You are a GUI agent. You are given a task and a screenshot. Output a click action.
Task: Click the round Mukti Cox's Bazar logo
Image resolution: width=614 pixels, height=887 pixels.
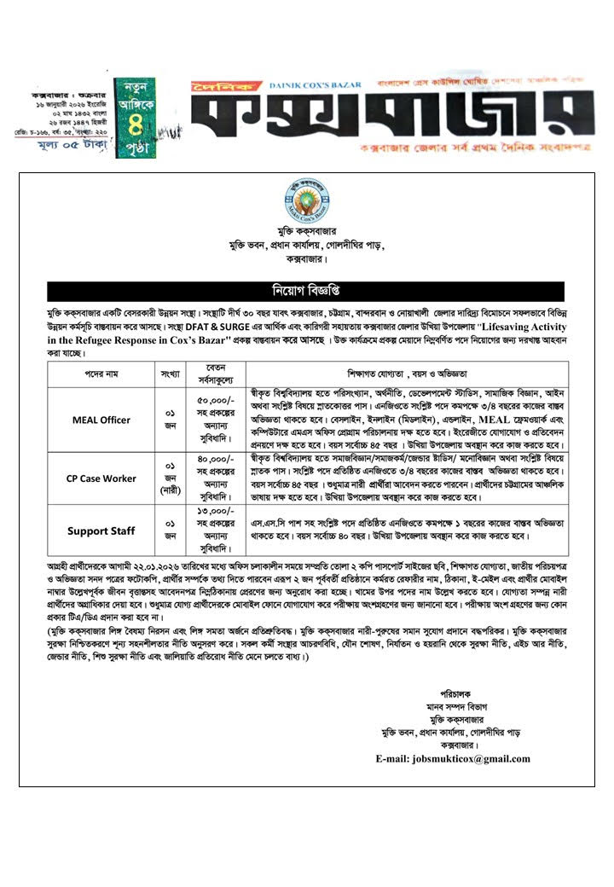[306, 201]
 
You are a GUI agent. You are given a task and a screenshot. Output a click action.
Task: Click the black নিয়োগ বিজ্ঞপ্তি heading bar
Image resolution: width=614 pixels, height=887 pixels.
[306, 291]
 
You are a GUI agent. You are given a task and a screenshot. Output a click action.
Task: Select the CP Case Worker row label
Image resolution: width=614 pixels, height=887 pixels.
[101, 478]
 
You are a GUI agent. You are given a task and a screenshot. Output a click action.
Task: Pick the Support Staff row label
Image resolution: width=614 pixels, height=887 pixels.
[101, 530]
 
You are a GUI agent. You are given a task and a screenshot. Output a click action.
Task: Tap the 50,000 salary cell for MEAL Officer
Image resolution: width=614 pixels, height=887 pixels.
[214, 420]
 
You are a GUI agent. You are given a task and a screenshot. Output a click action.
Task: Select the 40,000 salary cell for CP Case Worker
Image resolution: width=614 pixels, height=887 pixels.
[214, 478]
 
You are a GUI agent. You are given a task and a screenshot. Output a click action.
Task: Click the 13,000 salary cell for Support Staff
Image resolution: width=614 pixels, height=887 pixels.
[214, 530]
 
